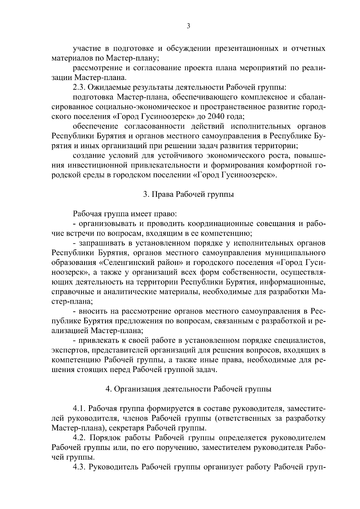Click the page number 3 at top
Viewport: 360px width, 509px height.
point(188,26)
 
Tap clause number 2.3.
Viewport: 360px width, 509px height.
point(79,87)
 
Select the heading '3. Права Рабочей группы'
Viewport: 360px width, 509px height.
point(188,194)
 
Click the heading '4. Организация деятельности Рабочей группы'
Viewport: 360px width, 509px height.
point(188,389)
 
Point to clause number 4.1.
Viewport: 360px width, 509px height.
point(79,409)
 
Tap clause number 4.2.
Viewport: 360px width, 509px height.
point(79,438)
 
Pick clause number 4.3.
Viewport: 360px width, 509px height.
point(79,467)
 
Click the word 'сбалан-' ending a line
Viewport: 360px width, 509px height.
point(310,97)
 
